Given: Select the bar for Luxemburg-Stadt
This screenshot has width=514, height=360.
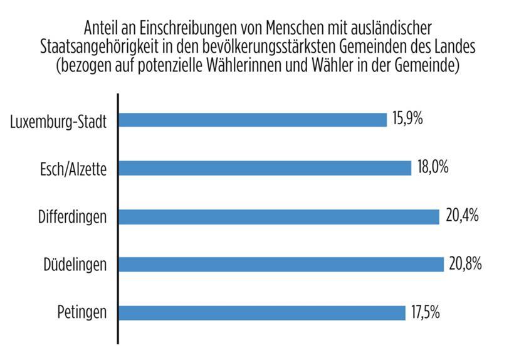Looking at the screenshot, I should click(253, 120).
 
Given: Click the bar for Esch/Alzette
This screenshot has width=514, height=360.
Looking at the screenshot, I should click(265, 168).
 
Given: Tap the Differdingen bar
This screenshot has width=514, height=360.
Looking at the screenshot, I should click(279, 216).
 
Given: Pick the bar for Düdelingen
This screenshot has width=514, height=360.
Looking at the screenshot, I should click(281, 264).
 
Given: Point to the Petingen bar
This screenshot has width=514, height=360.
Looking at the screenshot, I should click(261, 312).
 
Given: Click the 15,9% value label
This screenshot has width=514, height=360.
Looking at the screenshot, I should click(407, 119).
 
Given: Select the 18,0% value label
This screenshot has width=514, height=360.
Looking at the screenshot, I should click(433, 167).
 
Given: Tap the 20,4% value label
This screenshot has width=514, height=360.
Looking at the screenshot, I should click(462, 216).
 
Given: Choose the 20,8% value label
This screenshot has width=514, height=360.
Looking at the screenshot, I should click(465, 264).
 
